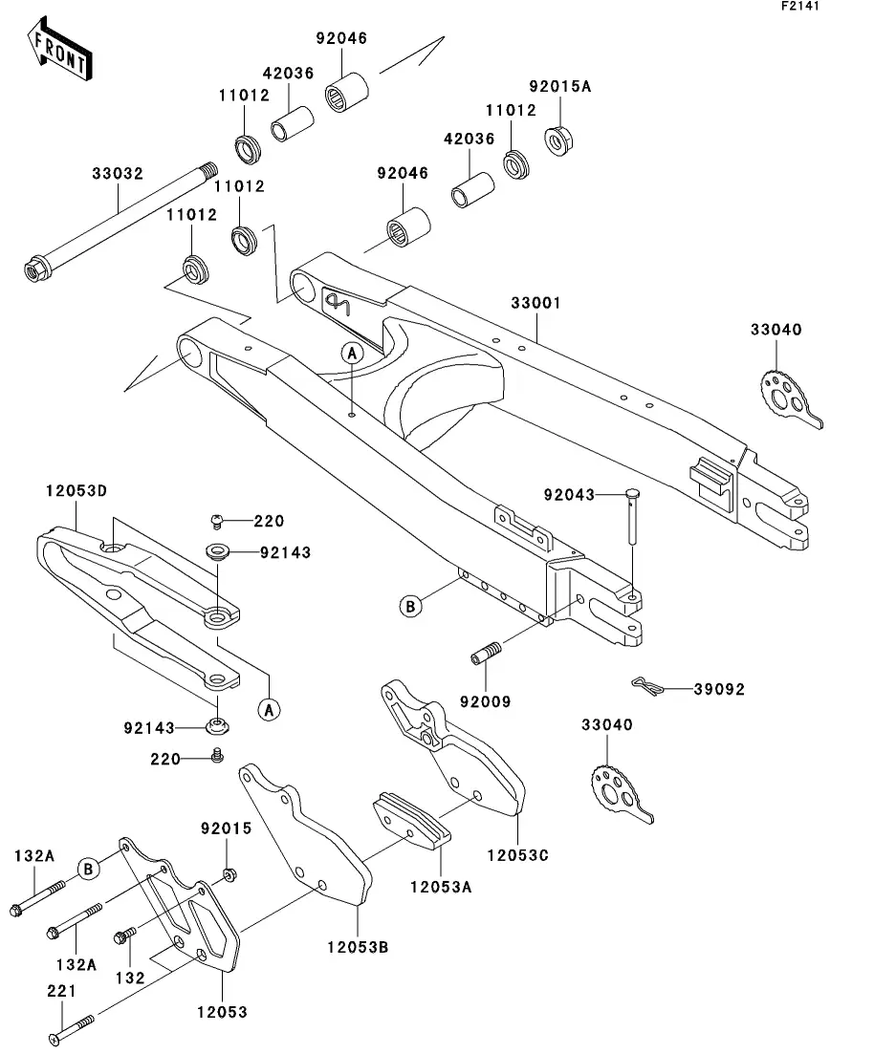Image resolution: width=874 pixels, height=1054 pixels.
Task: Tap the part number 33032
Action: pos(118,175)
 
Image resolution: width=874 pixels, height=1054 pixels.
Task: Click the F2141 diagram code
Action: pos(800,7)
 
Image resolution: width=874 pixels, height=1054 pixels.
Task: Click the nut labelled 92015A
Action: pos(558,140)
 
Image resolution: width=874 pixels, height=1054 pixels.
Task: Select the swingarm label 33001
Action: pos(535,303)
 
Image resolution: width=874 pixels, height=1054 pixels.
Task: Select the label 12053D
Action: pos(76,490)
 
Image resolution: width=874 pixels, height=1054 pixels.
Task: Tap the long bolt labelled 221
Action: pos(71,1030)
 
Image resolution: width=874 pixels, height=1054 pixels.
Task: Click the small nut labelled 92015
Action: pos(229,874)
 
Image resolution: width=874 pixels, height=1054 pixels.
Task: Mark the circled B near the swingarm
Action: pos(410,605)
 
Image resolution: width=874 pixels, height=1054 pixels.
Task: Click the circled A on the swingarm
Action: pos(352,353)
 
